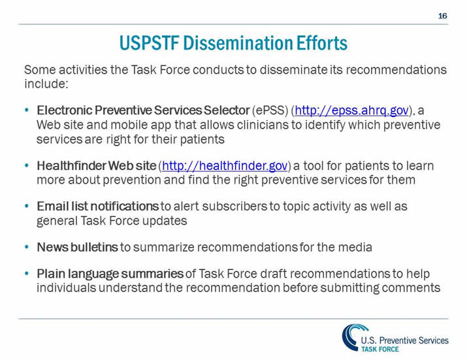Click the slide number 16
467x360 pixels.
(x=443, y=15)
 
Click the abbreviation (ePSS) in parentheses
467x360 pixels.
(x=270, y=110)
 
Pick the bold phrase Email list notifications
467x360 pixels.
(x=98, y=206)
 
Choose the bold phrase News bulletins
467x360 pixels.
(x=78, y=247)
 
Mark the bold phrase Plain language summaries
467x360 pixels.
(x=110, y=272)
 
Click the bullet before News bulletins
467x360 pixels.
(x=26, y=247)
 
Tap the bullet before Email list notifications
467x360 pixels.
(x=26, y=206)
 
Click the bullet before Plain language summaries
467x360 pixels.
(x=26, y=272)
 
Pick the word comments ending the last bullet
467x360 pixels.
(x=413, y=287)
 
